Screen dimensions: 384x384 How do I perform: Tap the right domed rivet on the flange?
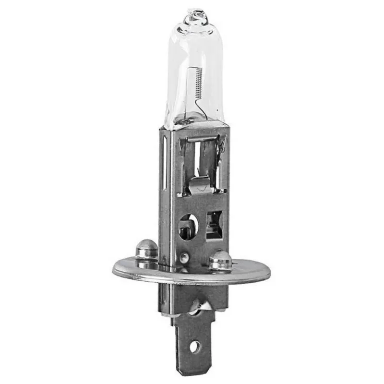pyautogui.click(x=220, y=260)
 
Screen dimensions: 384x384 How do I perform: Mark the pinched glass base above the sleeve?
pyautogui.click(x=192, y=120)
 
